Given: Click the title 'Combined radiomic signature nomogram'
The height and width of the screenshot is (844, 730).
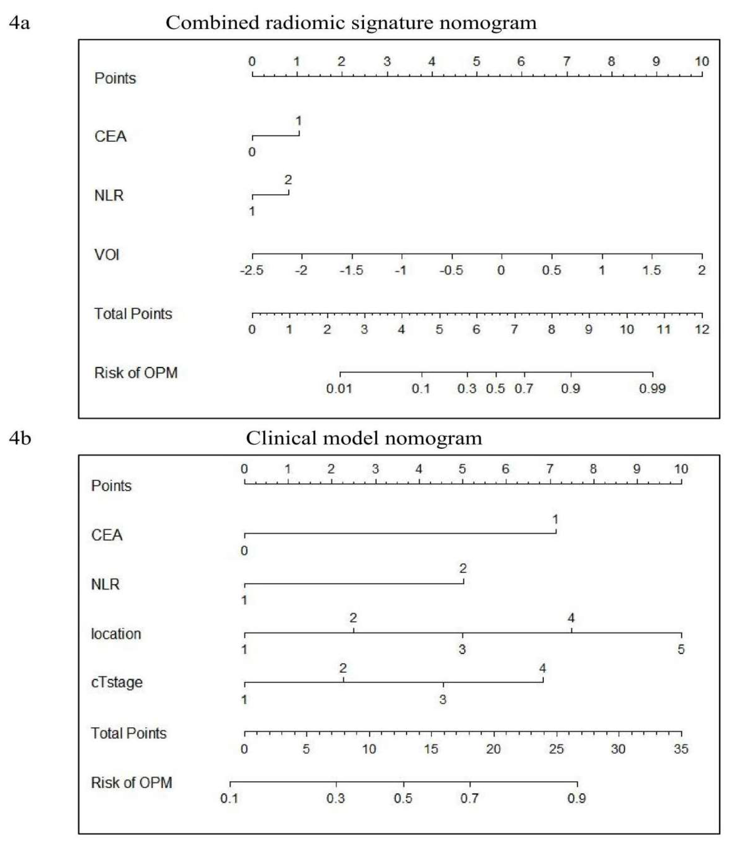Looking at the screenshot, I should pos(351,23).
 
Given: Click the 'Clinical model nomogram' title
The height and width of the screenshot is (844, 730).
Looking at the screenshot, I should pos(364,439).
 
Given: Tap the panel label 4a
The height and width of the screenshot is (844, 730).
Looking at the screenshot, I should pos(20,23).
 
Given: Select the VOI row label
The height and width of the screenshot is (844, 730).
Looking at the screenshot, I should pos(107,255).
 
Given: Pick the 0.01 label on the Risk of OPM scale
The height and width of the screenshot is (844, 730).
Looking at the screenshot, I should pos(339,388).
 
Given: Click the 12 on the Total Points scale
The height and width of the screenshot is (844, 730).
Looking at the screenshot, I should pos(702,329).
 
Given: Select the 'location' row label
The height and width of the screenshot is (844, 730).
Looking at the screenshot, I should pos(116,634).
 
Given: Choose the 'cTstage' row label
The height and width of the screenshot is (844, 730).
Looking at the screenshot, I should pos(117,682).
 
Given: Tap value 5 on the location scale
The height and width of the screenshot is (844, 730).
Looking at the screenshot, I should pos(681,649).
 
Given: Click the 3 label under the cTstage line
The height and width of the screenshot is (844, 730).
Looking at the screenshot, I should pos(443,699).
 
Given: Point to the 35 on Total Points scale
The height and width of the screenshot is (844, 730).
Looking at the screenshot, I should pos(681,749).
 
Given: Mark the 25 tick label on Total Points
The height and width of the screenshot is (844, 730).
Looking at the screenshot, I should pos(556,749).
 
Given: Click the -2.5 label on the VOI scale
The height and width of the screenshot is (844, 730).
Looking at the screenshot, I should pos(252,270).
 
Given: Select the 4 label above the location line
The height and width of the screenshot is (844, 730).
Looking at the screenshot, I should pos(571,618).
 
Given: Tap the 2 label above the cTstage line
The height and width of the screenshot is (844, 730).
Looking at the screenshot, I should pos(343,668).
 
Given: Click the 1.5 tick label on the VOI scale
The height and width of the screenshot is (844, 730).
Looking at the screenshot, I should pos(651,270).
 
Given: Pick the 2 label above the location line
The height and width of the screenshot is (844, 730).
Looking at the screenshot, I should pos(353,618).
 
